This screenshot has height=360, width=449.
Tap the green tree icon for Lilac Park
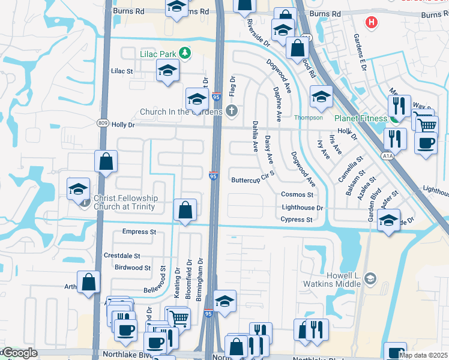pyautogui.click(x=185, y=53)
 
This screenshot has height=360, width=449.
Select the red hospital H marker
pyautogui.click(x=372, y=23)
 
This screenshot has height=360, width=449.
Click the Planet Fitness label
pyautogui.click(x=360, y=118)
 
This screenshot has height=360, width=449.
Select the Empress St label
pyautogui.click(x=139, y=232)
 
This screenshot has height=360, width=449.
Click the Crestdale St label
pyautogui.click(x=122, y=256)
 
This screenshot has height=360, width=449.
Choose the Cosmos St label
pyautogui.click(x=297, y=195)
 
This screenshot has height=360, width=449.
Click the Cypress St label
pyautogui.click(x=297, y=220)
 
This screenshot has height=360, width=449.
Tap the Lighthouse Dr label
pyautogui.click(x=303, y=208)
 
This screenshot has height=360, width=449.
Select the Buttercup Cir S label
pyautogui.click(x=253, y=179)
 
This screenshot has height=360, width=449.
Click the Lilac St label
pyautogui.click(x=122, y=71)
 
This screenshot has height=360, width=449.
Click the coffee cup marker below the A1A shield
pyautogui.click(x=426, y=144)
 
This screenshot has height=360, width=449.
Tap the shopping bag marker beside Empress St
pyautogui.click(x=185, y=211)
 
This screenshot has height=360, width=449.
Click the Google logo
pyautogui.click(x=20, y=353)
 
